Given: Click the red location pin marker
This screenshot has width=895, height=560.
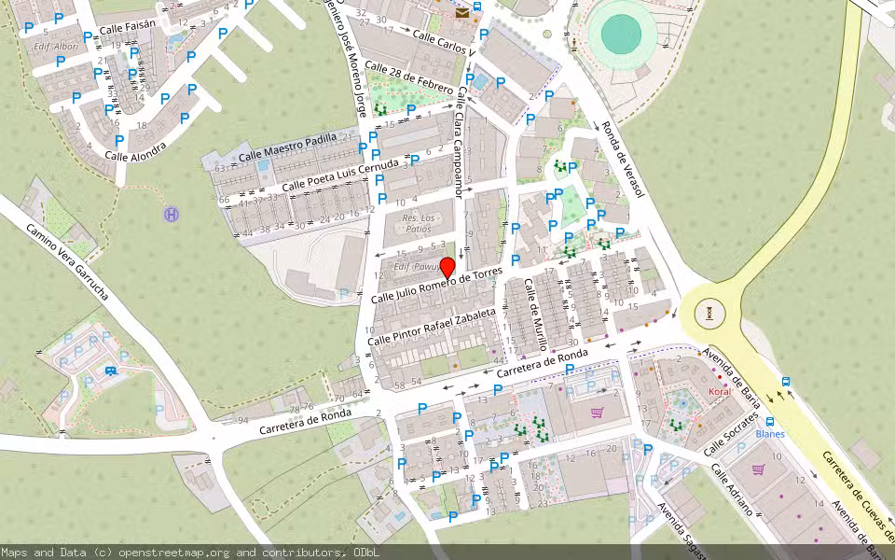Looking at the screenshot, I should [447, 268].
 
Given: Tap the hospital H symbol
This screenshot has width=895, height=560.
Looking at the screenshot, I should [172, 215].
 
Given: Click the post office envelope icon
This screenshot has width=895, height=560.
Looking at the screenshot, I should [462, 13].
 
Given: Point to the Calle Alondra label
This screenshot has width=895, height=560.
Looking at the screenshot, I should [135, 149].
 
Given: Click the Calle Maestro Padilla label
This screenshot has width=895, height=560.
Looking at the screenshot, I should [288, 147].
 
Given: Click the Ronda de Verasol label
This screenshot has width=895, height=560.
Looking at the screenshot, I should [623, 159].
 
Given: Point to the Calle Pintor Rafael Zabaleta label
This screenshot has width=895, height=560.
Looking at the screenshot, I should [432, 328].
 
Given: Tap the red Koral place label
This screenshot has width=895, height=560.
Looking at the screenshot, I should [719, 392].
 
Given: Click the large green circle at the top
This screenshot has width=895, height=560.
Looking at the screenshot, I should [620, 34].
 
